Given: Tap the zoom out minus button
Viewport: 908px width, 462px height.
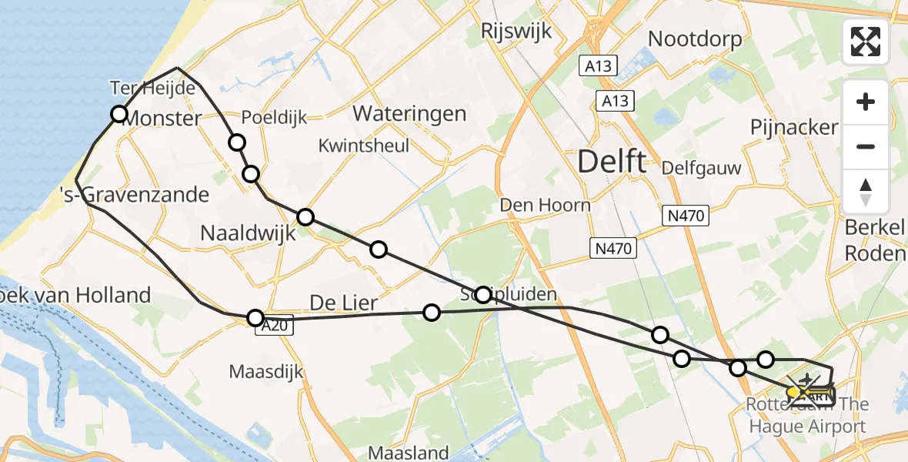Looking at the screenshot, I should [x=866, y=146].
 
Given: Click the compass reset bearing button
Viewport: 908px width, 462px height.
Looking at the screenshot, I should [x=866, y=191].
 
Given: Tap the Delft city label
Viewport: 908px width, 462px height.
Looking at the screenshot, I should [x=612, y=162].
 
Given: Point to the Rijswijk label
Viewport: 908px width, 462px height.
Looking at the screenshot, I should [x=512, y=31].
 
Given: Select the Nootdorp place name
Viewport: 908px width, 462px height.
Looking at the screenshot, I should [x=696, y=38].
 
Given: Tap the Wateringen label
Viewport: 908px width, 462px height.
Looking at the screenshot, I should [x=409, y=114].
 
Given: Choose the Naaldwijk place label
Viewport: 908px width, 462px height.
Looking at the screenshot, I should [x=248, y=233].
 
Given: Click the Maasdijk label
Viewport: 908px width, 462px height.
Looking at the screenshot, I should [x=266, y=372].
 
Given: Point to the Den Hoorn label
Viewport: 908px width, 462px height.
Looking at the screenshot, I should [x=546, y=205].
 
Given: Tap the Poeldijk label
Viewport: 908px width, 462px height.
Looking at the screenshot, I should [x=274, y=118].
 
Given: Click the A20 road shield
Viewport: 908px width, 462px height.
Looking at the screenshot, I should [x=274, y=327].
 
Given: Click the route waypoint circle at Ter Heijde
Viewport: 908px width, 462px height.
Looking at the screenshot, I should [x=119, y=115].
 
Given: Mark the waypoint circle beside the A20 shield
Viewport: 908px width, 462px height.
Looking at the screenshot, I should [x=255, y=317].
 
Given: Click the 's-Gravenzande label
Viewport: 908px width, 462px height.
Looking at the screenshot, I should [x=135, y=194].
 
